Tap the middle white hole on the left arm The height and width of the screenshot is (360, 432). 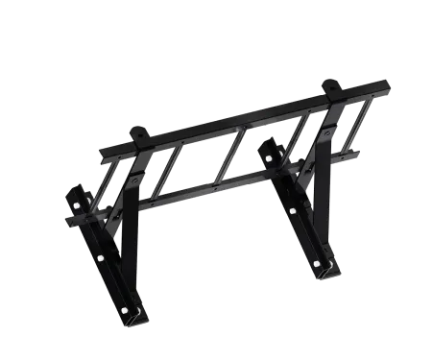coord(99,257)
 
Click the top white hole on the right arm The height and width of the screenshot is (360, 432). coord(268,156)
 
